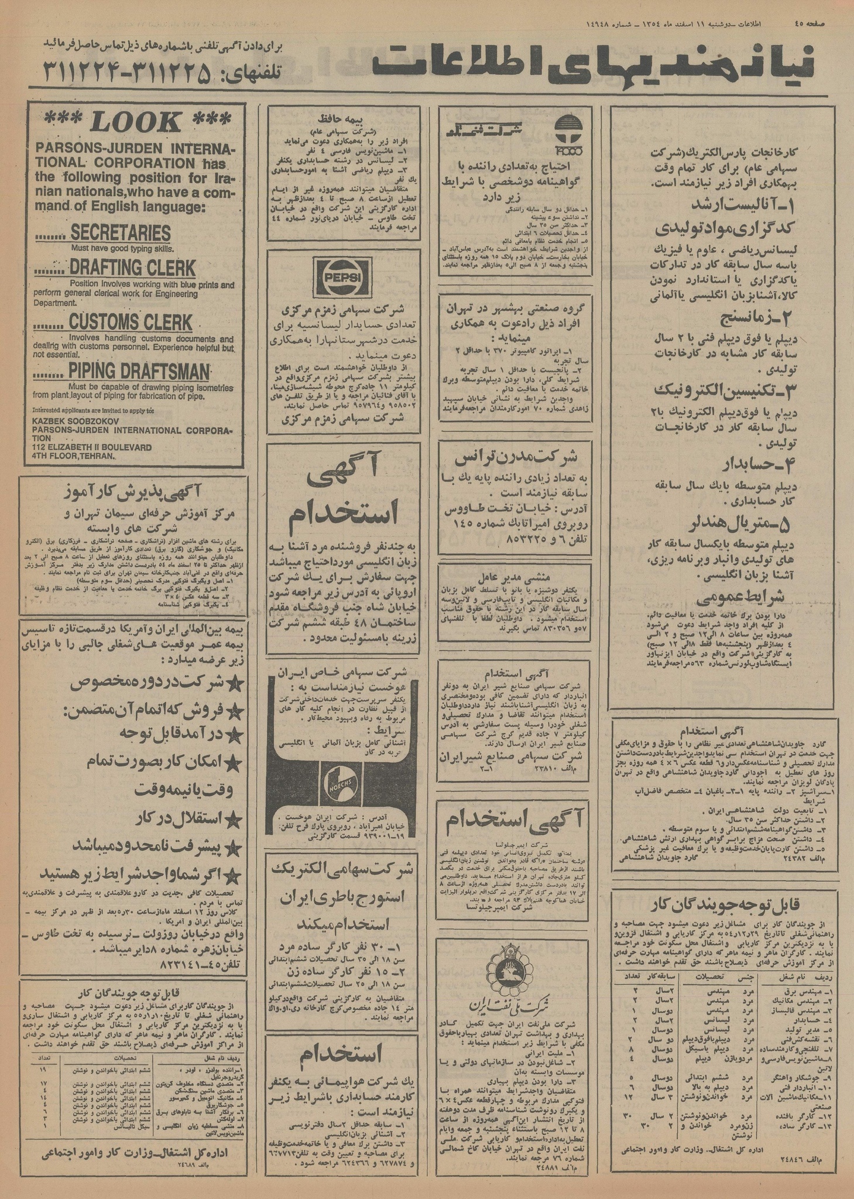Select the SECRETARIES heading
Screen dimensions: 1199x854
click(x=120, y=232)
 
